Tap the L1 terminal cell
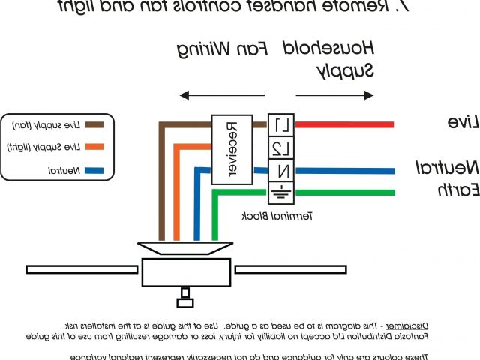pos(278,124)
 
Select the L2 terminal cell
pos(278,146)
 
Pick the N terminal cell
pos(278,171)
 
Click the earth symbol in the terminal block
pos(278,192)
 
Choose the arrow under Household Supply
pos(334,95)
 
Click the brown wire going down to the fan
pos(160,187)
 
